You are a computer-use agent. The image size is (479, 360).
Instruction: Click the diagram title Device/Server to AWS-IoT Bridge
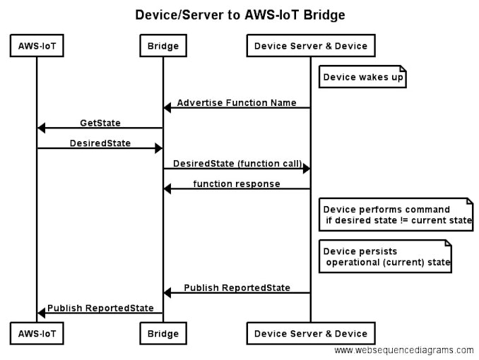[x=240, y=14]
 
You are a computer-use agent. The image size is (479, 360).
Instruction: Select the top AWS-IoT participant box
[x=37, y=47]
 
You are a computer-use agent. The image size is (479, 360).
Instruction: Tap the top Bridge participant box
[x=163, y=47]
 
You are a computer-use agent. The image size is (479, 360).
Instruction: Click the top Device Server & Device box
[x=311, y=47]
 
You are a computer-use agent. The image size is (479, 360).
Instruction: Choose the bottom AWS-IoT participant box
[x=37, y=333]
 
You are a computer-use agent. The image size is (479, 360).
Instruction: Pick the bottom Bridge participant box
[x=163, y=333]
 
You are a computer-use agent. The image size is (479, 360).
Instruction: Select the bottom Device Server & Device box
[x=311, y=333]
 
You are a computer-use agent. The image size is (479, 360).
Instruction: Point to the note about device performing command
[x=396, y=215]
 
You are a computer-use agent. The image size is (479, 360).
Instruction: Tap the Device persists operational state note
[x=385, y=256]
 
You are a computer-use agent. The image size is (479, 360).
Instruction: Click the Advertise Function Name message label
[x=237, y=102]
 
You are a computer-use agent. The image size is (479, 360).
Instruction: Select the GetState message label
[x=100, y=123]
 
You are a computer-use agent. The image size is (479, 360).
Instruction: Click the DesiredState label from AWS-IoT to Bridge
[x=100, y=143]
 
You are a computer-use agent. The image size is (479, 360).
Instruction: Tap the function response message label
[x=237, y=184]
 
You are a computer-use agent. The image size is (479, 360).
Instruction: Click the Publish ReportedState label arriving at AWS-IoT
[x=100, y=308]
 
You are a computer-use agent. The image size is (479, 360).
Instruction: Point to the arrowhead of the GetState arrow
[x=41, y=128]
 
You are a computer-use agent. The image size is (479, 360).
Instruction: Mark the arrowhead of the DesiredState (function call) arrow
[x=307, y=169]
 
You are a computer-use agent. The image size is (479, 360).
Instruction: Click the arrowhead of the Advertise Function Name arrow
[x=167, y=108]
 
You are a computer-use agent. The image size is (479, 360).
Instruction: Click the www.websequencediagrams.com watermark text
[x=404, y=350]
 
